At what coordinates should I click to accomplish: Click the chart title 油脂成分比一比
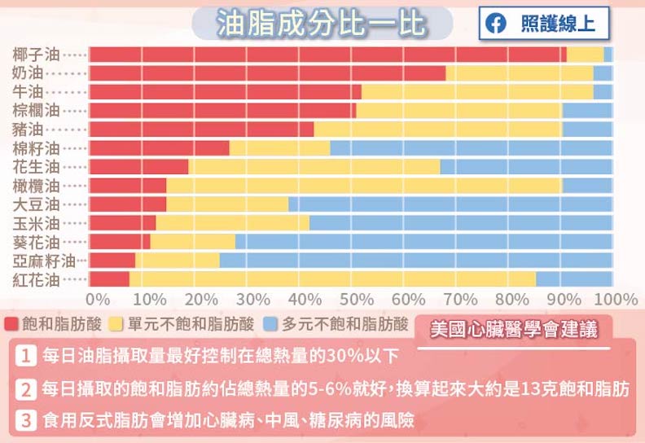(321, 24)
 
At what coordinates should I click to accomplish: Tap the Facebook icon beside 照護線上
(494, 24)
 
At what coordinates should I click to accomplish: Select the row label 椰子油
(37, 55)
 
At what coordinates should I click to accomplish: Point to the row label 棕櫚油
(37, 111)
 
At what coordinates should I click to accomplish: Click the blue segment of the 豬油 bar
(586, 129)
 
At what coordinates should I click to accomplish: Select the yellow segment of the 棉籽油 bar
(279, 148)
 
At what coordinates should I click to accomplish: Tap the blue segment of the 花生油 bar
(525, 167)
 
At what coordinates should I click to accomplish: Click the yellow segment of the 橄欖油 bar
(364, 186)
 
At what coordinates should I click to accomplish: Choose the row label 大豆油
(37, 204)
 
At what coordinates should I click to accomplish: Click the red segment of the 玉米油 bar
(122, 222)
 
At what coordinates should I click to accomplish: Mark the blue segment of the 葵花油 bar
(423, 241)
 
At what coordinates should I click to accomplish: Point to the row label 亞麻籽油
(42, 261)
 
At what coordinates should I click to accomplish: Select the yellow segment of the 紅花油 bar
(332, 279)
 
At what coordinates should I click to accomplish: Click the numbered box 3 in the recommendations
(27, 421)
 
